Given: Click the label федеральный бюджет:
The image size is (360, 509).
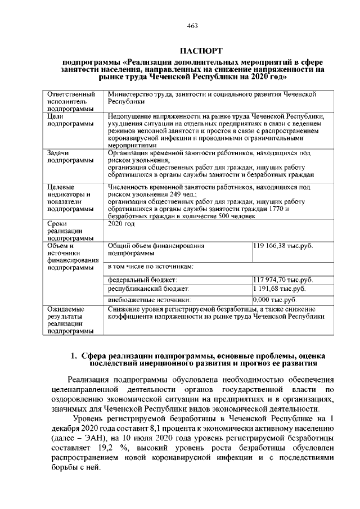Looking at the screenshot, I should pos(142,280).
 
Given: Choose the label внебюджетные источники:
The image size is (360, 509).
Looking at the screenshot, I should pos(149,300).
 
